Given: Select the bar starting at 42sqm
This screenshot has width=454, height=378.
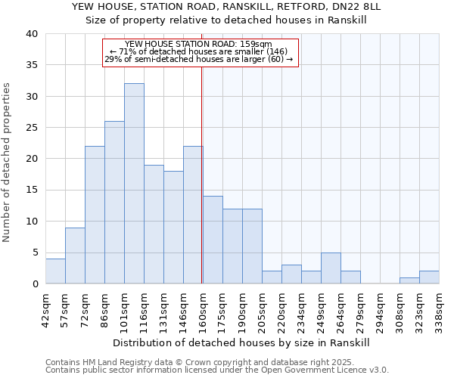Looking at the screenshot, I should tap(55, 271).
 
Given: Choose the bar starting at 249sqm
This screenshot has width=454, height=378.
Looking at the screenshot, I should tap(331, 268).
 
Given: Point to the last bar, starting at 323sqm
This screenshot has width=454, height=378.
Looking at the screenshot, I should tap(429, 277).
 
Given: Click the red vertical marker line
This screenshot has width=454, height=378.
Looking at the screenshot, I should tap(202, 174).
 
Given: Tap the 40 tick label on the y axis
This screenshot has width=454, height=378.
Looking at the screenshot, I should tap(31, 34).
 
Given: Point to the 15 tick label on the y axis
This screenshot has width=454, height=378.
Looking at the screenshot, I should tap(31, 190).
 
